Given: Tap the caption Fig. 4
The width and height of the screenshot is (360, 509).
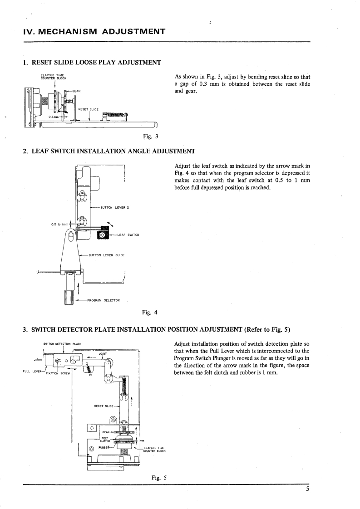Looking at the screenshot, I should (x=150, y=312).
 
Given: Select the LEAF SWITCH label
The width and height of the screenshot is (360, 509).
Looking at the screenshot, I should (x=128, y=235).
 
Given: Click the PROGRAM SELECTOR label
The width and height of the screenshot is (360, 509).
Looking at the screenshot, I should (x=103, y=300).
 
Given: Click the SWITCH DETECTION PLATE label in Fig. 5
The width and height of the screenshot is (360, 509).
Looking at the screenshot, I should (x=62, y=343).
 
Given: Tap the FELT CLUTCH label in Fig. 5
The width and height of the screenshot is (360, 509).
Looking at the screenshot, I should (x=104, y=438).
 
